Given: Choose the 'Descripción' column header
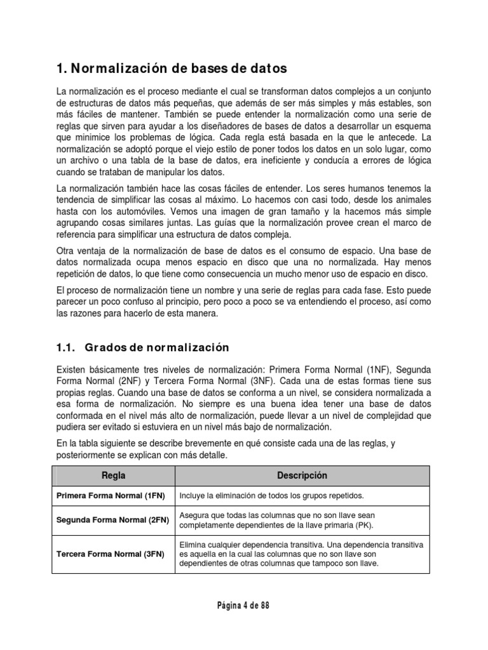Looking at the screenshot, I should pos(302,475).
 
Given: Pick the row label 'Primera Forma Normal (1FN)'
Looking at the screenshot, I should pos(111,496).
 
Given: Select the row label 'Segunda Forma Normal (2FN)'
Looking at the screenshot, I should pos(113,520).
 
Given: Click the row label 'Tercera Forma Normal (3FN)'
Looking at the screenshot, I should pos(111,554).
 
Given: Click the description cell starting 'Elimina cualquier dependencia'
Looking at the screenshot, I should pos(302,554).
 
